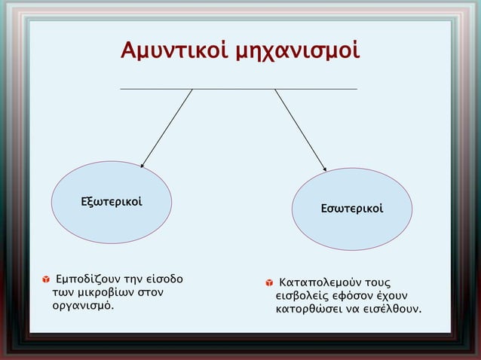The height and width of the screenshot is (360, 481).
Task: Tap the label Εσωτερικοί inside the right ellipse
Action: click(352, 206)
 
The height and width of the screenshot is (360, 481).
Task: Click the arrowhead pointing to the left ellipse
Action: click(143, 163)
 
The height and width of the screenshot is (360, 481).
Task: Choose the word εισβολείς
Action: click(305, 296)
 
